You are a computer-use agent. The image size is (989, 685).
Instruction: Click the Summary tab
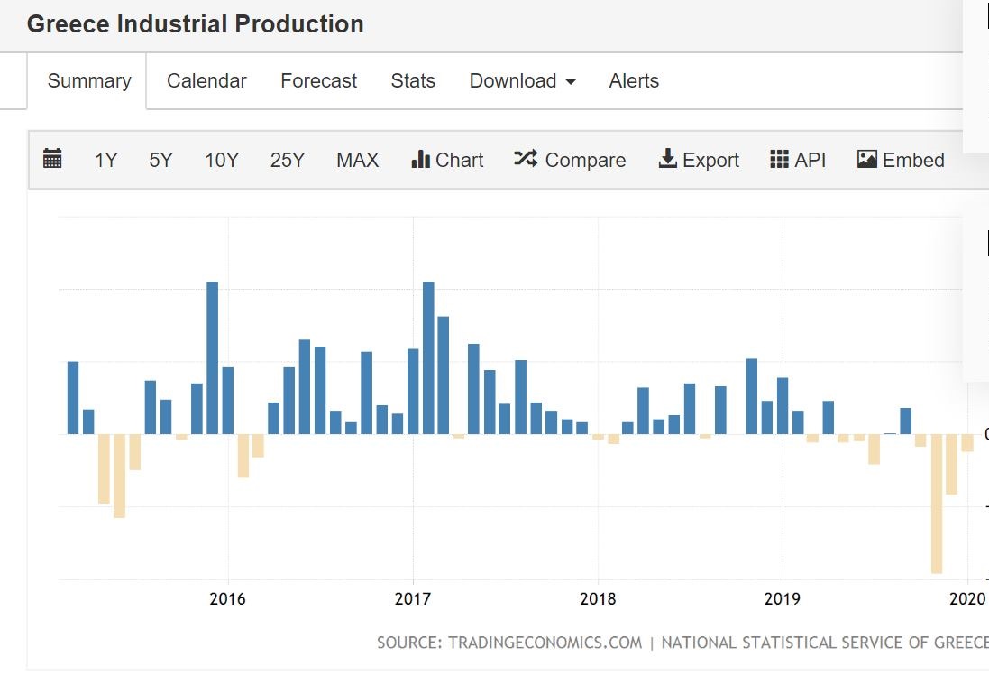click(x=88, y=81)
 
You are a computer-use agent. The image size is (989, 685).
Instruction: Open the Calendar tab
click(x=206, y=81)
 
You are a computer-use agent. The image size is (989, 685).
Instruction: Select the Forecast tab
click(x=318, y=81)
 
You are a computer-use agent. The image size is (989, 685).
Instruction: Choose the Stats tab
click(x=413, y=81)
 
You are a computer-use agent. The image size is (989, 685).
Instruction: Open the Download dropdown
click(x=522, y=81)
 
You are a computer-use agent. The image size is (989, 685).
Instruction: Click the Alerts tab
click(x=634, y=81)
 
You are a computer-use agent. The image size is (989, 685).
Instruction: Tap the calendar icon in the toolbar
click(x=52, y=160)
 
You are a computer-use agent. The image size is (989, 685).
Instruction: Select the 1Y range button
click(x=105, y=161)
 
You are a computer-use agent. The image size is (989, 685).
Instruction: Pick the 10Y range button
click(x=221, y=161)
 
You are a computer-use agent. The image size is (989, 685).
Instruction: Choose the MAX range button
click(x=357, y=161)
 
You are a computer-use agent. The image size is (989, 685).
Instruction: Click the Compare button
click(x=570, y=161)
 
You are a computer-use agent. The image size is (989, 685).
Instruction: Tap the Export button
click(x=699, y=161)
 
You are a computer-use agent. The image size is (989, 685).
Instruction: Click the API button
click(x=798, y=161)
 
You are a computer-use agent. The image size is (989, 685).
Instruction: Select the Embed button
click(x=901, y=161)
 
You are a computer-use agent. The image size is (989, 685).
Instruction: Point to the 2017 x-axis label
click(x=413, y=598)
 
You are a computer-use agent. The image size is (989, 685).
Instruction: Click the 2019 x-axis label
click(x=783, y=598)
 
